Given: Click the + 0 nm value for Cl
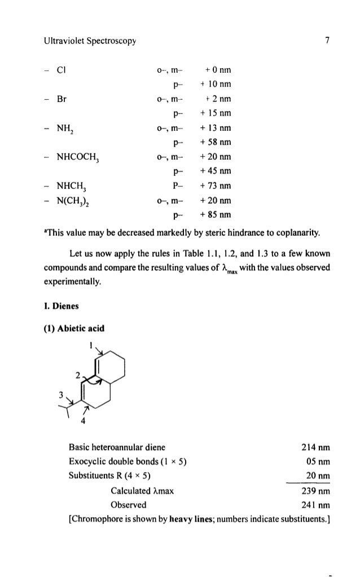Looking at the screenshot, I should [218, 71].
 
